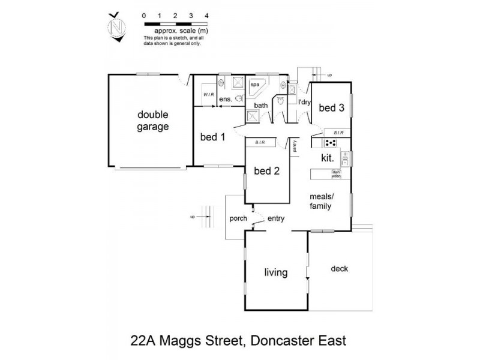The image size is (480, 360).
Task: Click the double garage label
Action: (x=153, y=121)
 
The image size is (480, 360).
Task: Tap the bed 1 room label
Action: (x=212, y=137)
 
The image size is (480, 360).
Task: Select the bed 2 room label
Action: (x=267, y=170)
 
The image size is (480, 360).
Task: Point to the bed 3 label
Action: (x=331, y=108)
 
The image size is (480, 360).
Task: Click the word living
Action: (x=276, y=273)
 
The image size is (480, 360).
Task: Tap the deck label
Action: (x=339, y=269)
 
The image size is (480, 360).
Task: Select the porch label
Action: (x=238, y=218)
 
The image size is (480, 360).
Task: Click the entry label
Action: (x=276, y=218)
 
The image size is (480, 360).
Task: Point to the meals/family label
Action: (x=321, y=201)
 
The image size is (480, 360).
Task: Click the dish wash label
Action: (x=336, y=174)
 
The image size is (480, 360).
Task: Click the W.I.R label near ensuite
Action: (x=209, y=95)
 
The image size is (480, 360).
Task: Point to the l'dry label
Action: (x=304, y=102)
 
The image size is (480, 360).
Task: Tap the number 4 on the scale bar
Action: (x=206, y=13)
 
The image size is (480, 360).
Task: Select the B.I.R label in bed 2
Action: (x=260, y=142)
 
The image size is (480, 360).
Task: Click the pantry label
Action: (x=295, y=146)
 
